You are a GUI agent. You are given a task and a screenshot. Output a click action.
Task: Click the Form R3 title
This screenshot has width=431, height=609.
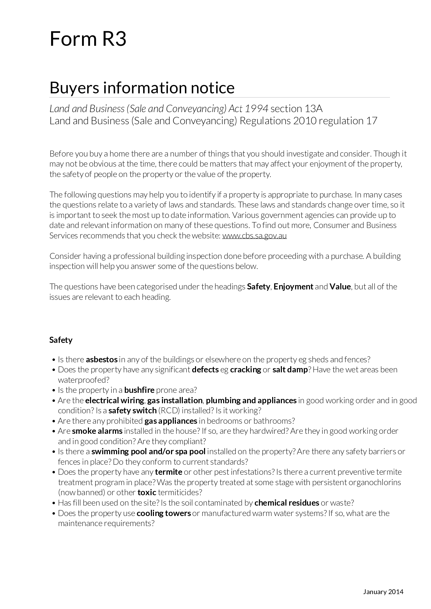click(88, 39)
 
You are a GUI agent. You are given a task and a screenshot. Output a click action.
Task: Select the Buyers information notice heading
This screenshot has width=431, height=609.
click(142, 87)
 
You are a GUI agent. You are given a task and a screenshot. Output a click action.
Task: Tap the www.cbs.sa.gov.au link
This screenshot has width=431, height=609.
click(254, 236)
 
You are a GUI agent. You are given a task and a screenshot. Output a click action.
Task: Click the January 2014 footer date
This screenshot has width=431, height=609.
click(383, 592)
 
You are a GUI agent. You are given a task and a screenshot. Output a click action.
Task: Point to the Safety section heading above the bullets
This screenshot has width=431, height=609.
click(61, 340)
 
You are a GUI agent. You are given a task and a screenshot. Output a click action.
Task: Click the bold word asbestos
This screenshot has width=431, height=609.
click(101, 359)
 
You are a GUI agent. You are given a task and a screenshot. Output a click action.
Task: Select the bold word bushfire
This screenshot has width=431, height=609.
click(139, 390)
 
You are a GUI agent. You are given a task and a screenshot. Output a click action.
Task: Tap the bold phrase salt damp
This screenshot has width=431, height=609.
click(290, 370)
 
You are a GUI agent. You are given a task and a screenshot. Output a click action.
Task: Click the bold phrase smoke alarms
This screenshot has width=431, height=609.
click(97, 431)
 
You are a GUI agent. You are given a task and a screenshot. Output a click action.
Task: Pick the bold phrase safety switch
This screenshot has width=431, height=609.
click(132, 411)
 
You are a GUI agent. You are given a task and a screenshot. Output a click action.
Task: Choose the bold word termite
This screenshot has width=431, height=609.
click(169, 472)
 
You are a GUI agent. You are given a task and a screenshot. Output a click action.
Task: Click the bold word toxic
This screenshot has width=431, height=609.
click(147, 492)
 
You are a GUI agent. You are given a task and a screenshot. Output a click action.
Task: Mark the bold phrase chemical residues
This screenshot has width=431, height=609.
click(287, 503)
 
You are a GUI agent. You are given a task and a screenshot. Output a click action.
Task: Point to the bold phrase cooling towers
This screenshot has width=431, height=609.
click(164, 513)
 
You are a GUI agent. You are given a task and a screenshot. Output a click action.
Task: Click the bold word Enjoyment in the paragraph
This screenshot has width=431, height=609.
click(293, 287)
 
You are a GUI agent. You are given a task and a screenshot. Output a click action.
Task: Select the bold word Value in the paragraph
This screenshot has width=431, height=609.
click(340, 287)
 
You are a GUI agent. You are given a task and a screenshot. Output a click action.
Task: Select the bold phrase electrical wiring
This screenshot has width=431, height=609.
click(114, 400)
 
